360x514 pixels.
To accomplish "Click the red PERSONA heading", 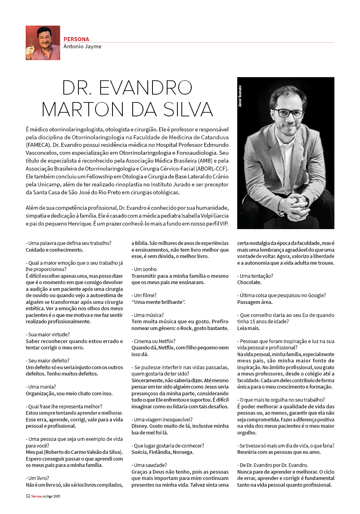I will click(76, 39).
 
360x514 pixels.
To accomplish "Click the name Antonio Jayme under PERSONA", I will click(82, 46).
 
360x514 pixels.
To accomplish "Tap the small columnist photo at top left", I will click(43, 43).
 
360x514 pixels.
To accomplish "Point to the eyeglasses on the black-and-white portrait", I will click(289, 113).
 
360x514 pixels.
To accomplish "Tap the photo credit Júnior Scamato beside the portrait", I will click(240, 97).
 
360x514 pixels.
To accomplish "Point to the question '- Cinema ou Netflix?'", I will click(153, 341).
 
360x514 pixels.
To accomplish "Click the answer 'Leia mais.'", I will click(249, 328).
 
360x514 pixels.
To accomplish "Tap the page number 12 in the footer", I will click(28, 496).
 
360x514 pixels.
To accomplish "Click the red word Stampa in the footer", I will click(36, 496).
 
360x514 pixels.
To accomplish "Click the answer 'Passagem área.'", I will click(255, 302).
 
